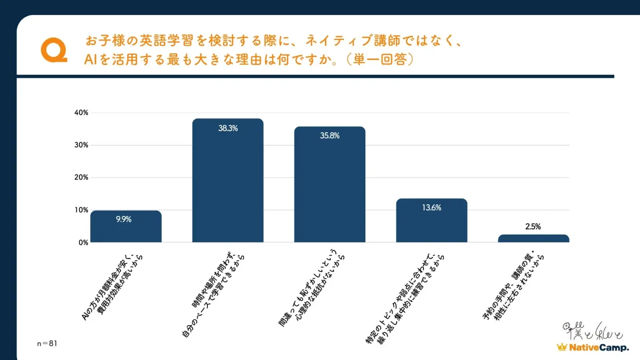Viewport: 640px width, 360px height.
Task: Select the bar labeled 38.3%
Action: tap(228, 181)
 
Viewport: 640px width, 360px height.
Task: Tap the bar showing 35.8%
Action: tap(330, 187)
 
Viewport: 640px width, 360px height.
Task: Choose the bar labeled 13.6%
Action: tap(431, 221)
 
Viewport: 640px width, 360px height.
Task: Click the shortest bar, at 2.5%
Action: tap(533, 238)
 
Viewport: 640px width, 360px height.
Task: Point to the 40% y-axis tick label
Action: tap(81, 113)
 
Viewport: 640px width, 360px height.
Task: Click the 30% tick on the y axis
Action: tap(81, 145)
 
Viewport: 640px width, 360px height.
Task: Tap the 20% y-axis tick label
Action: tap(81, 178)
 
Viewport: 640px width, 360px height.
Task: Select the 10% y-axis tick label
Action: tap(81, 210)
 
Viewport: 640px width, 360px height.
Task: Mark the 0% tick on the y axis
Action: tap(83, 243)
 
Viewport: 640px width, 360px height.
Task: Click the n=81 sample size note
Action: tap(46, 343)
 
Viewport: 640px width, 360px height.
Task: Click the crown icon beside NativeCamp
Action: tap(561, 347)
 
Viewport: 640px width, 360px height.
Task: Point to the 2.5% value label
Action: tap(533, 227)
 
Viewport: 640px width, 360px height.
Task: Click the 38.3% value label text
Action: tap(228, 129)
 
